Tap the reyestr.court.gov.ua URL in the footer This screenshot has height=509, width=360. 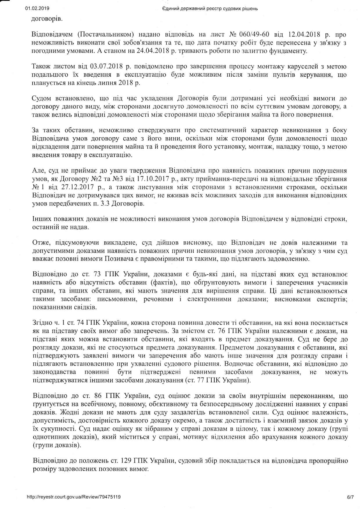click(73, 497)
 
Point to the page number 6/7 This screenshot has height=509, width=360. click(350, 497)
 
